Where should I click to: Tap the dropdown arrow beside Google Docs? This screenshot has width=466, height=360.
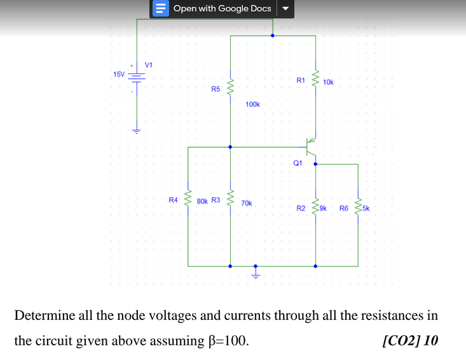[x=285, y=9]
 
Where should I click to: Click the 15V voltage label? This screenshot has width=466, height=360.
[x=119, y=74]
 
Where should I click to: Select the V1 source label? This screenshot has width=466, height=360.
[x=149, y=65]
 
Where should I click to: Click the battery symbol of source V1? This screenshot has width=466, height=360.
[x=137, y=76]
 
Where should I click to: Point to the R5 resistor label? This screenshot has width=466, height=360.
[x=216, y=90]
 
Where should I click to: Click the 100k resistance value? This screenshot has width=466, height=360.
[x=252, y=104]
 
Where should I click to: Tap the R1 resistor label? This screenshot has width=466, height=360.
[x=301, y=80]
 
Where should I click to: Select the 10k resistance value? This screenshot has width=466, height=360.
[x=328, y=82]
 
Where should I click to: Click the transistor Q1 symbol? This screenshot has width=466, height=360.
[x=312, y=147]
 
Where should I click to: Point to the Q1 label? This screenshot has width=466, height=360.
[x=298, y=163]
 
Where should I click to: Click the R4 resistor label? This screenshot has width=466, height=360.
[x=173, y=200]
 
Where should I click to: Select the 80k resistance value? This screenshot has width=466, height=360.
[x=202, y=201]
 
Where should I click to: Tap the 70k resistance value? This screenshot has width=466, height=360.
[x=247, y=204]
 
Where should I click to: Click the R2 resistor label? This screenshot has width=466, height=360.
[x=301, y=208]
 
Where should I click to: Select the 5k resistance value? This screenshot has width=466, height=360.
[x=366, y=207]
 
